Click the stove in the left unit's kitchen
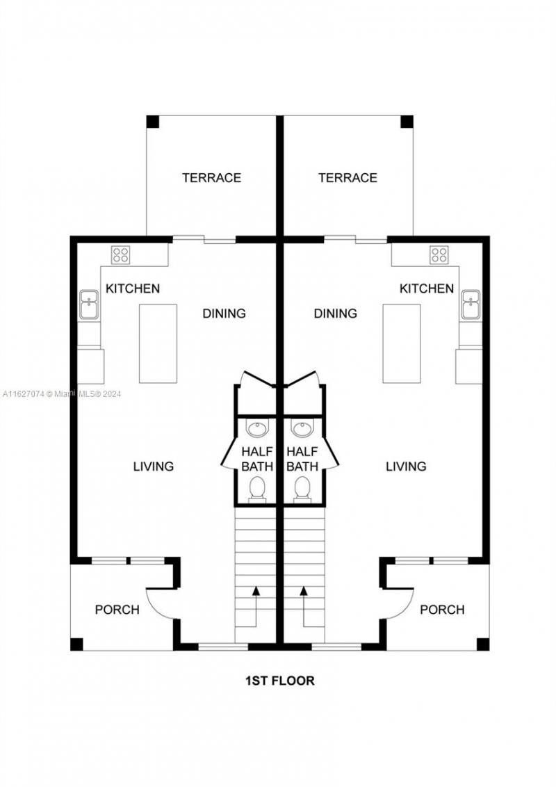click(x=120, y=254)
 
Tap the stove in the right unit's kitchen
click(x=439, y=254)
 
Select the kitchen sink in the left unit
click(x=88, y=305)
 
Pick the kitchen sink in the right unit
click(x=471, y=305)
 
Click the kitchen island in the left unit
click(x=158, y=343)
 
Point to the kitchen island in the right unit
click(x=402, y=343)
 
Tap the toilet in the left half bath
click(x=257, y=488)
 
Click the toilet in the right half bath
click(x=302, y=488)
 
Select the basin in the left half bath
click(x=257, y=428)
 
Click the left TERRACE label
click(x=211, y=178)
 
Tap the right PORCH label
click(x=442, y=610)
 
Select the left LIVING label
click(x=153, y=466)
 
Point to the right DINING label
click(x=335, y=314)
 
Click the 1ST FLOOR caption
click(x=279, y=681)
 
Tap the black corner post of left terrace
click(x=153, y=122)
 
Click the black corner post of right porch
click(x=482, y=644)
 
